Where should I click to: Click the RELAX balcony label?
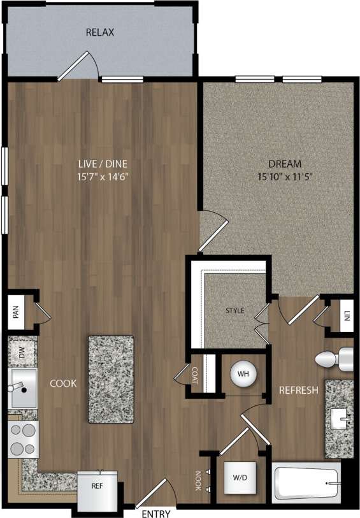point(100,32)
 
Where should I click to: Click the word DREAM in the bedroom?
point(285,163)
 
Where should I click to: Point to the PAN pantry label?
point(15,312)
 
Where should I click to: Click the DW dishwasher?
point(22,354)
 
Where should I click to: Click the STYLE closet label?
point(235,311)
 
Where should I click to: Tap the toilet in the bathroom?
point(336,358)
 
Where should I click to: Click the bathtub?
point(306,482)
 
